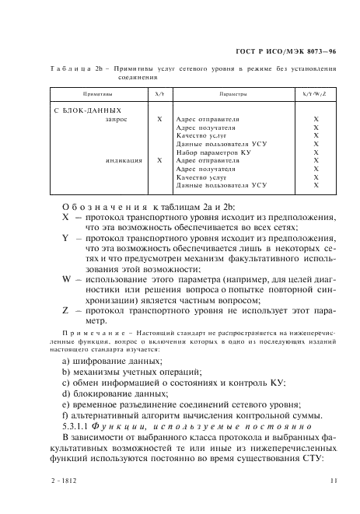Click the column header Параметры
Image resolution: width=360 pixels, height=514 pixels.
point(232,93)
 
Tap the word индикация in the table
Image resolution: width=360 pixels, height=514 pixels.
point(124,160)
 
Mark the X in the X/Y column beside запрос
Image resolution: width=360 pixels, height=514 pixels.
point(159,121)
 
